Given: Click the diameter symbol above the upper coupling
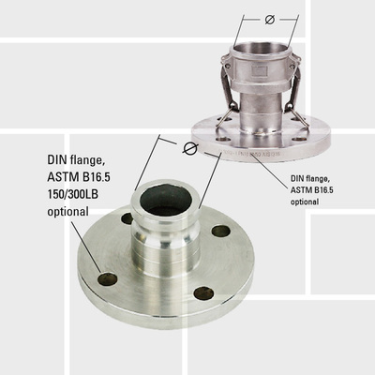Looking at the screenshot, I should pos(270,19).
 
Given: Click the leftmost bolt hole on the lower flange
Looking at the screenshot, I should pos(107,278).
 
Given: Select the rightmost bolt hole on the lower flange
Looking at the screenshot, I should pos(221,231).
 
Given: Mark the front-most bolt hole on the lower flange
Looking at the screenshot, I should pos(202,293).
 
